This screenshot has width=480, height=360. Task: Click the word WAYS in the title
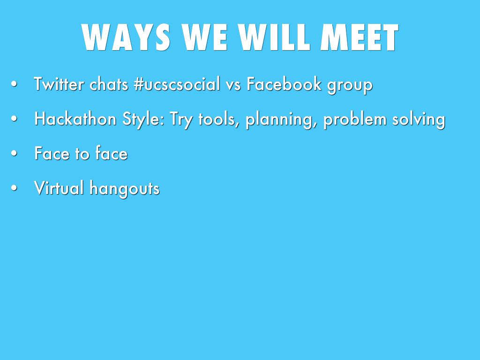pos(126,37)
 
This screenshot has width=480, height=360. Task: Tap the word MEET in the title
pos(360,37)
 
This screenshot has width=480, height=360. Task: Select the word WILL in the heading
pos(274,37)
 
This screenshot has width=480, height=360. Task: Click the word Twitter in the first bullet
pos(59,84)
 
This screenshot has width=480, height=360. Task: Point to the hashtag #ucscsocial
pos(177,84)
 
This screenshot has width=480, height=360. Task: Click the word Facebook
pos(284,84)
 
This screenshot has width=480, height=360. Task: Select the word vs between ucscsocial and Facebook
pos(233,85)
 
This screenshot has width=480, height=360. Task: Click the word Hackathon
pos(75,119)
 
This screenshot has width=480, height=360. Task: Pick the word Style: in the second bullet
pos(143,120)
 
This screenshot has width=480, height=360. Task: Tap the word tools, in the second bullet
pos(219,119)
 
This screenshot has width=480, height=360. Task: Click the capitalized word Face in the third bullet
pos(52,153)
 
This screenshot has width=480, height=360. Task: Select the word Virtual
pos(59,187)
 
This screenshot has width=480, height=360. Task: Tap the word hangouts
pos(125,189)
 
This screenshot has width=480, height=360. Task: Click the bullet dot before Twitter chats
pos(14,84)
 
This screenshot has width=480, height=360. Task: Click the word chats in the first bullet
pos(109,84)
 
